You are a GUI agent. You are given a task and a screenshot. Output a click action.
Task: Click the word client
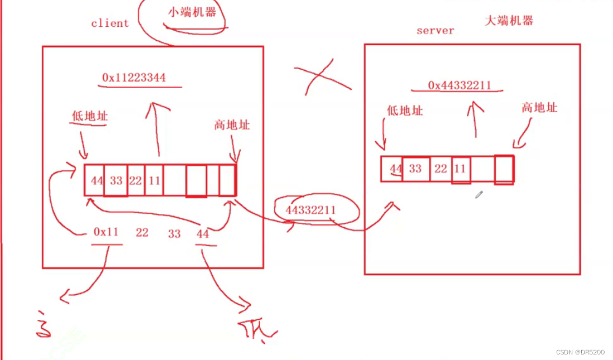click(x=110, y=23)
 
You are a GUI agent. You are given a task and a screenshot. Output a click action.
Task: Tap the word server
click(x=435, y=31)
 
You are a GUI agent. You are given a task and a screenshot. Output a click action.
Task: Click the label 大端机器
click(x=509, y=21)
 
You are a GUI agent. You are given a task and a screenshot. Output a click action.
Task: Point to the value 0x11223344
click(x=142, y=77)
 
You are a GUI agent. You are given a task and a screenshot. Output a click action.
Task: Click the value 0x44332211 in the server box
click(x=459, y=85)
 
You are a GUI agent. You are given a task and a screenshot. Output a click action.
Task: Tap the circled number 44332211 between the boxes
click(x=311, y=210)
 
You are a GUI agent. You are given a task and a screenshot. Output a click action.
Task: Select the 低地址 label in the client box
click(x=90, y=116)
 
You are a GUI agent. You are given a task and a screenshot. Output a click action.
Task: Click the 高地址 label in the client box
click(x=232, y=125)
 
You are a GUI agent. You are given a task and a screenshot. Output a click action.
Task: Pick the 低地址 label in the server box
click(x=405, y=110)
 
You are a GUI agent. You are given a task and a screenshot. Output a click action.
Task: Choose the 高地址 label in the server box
click(x=539, y=108)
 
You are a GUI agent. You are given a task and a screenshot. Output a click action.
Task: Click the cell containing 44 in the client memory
click(x=95, y=180)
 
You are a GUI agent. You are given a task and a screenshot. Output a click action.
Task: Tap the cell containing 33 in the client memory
click(x=115, y=180)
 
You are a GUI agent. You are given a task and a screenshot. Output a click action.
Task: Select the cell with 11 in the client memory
click(x=154, y=180)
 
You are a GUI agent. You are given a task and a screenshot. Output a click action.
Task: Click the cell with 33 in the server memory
click(x=416, y=169)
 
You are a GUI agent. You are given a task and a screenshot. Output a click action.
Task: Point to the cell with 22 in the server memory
click(x=441, y=169)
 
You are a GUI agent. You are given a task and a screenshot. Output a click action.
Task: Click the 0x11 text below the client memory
click(x=106, y=232)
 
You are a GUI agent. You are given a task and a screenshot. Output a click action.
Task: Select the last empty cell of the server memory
click(x=504, y=169)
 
